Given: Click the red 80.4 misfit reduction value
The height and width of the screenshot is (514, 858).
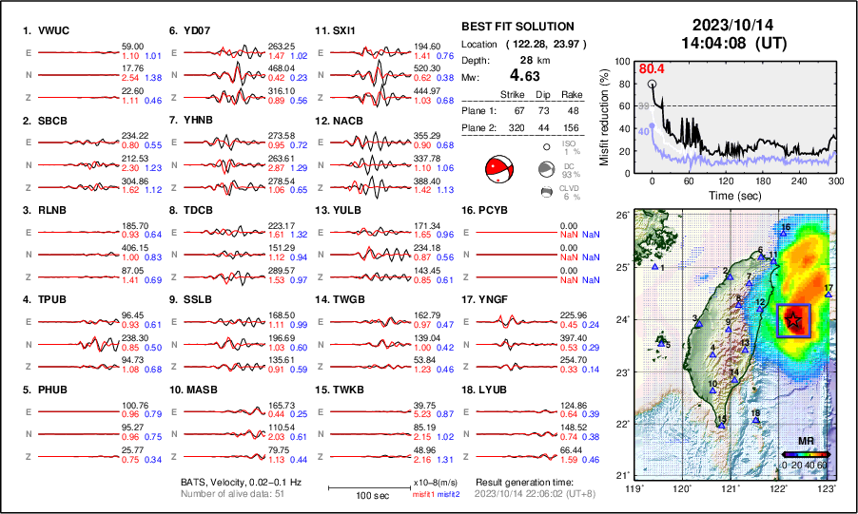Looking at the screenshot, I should tap(652, 68).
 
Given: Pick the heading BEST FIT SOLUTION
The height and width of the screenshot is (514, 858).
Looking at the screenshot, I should tap(517, 27).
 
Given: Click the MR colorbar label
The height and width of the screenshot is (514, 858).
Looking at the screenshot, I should tap(805, 442).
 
